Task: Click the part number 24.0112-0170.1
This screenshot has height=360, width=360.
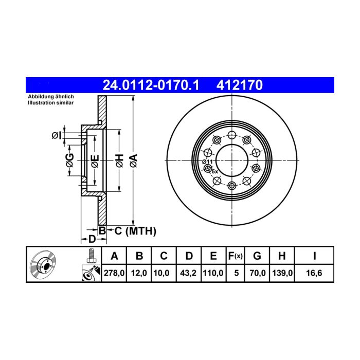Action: (151, 85)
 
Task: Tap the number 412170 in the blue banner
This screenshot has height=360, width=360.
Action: (240, 85)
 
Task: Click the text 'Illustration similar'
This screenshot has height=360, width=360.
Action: (51, 103)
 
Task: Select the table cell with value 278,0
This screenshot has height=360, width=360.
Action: (114, 273)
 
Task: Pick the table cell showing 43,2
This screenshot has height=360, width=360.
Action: (189, 273)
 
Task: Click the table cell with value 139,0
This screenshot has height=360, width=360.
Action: (282, 273)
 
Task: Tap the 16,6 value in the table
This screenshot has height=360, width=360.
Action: (314, 273)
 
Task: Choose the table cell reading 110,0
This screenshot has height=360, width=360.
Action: (213, 273)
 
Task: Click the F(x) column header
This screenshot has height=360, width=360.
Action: (236, 256)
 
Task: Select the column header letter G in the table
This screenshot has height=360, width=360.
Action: (257, 256)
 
